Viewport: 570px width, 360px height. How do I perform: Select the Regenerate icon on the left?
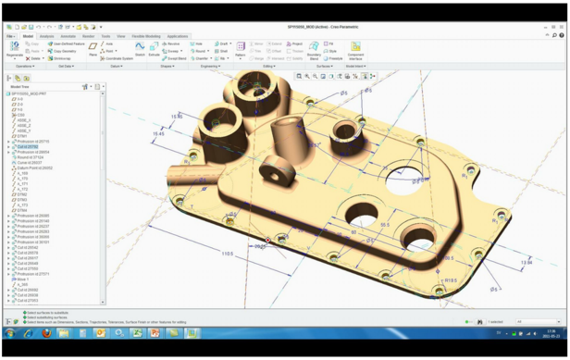pos(14,48)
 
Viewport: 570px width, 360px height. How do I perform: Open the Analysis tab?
pos(46,36)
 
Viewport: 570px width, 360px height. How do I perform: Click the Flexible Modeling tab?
pos(145,36)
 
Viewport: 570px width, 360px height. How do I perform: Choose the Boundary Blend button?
pos(314,49)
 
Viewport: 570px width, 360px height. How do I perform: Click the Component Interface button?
pos(355,49)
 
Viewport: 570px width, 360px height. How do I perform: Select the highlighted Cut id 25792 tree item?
pos(27,147)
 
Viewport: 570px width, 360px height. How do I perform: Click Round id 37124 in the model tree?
pos(30,157)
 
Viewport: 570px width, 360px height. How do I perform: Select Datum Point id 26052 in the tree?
pos(34,168)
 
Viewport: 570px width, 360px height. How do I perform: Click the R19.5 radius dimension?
pos(450,279)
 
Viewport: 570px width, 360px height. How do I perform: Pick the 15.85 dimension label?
pos(177,118)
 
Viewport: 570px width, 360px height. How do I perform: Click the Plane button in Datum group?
pos(93,49)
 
